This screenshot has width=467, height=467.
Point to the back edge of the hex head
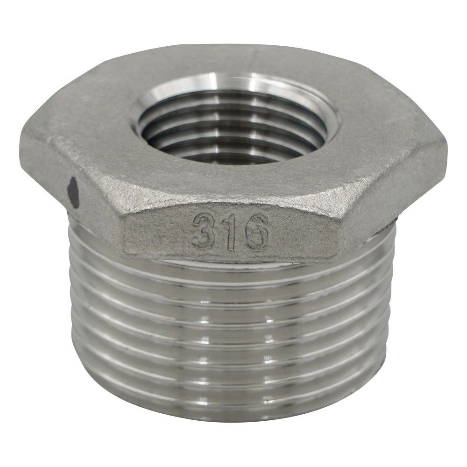click(x=233, y=47)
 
